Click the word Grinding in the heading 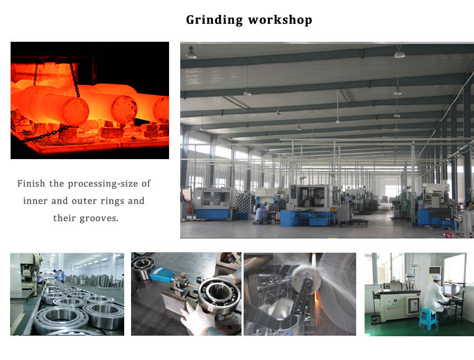pyautogui.click(x=215, y=20)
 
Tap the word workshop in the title pyautogui.click(x=280, y=20)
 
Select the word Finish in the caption pyautogui.click(x=31, y=183)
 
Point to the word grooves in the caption pyautogui.click(x=99, y=218)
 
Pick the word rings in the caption pyautogui.click(x=113, y=201)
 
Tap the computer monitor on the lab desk pyautogui.click(x=452, y=290)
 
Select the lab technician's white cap pyautogui.click(x=437, y=278)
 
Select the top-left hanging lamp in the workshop pyautogui.click(x=191, y=53)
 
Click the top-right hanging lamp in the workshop pyautogui.click(x=399, y=52)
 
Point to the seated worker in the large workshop pyautogui.click(x=260, y=214)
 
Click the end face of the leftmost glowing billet pyautogui.click(x=75, y=110)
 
